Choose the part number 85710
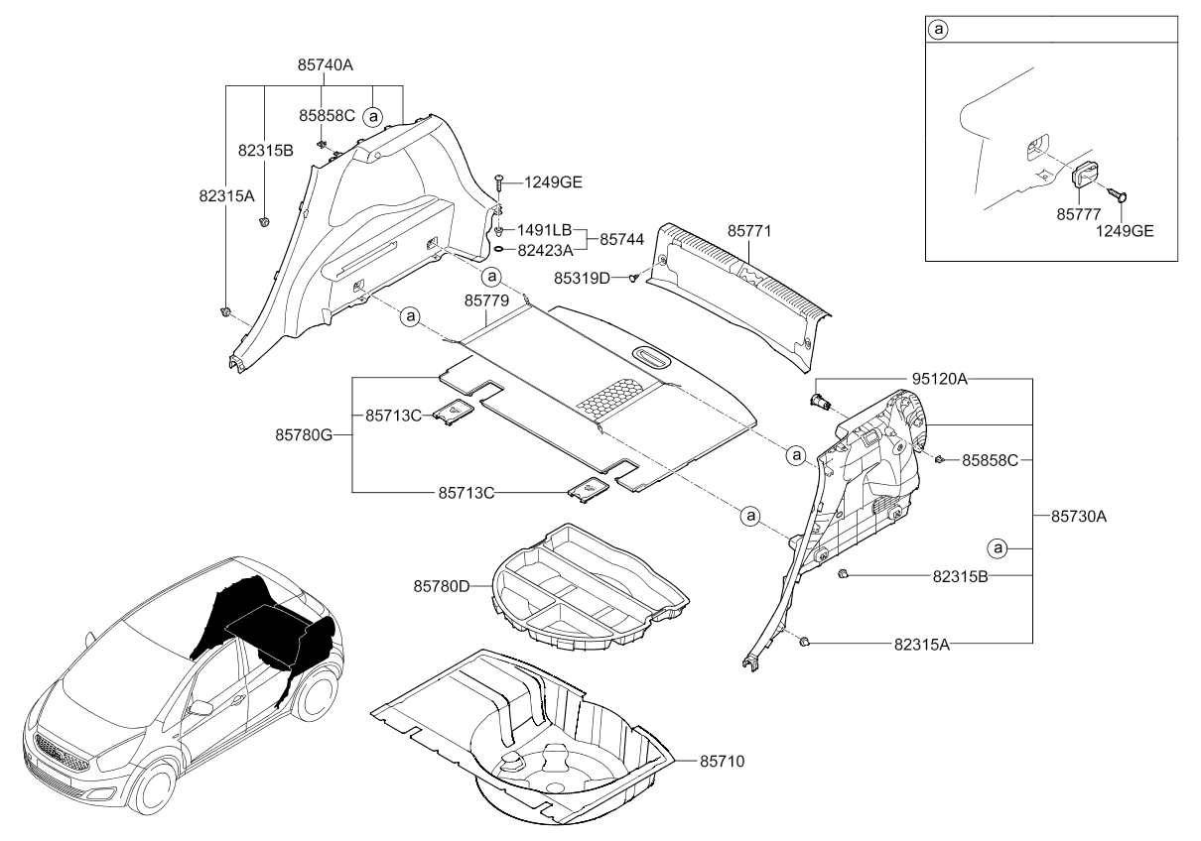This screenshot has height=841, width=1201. pos(722,761)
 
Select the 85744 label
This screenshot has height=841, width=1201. pos(618,239)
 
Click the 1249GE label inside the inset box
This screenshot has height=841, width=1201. pos(1124,230)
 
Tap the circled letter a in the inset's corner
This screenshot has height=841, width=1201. pos(939,30)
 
